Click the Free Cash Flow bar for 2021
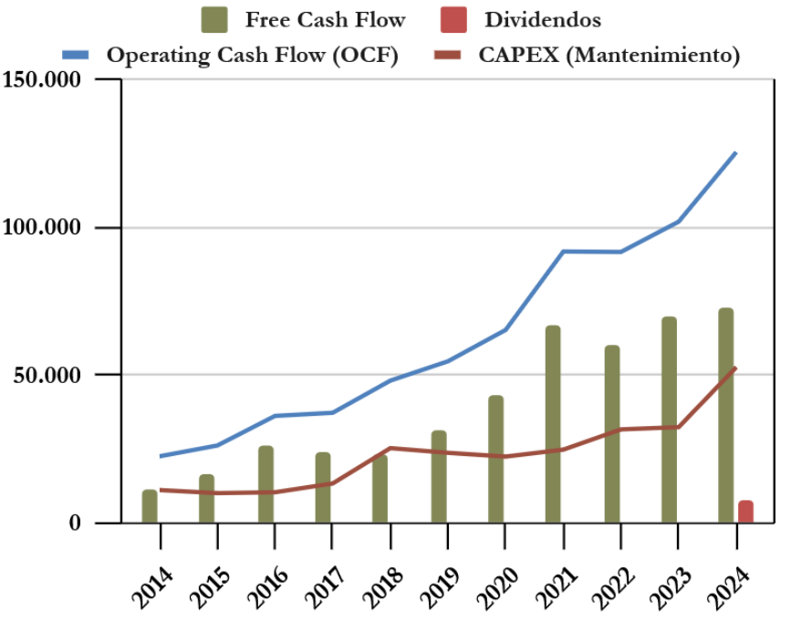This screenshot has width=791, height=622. click(553, 424)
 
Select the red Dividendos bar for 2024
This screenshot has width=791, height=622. click(745, 512)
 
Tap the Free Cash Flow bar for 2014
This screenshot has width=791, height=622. click(150, 506)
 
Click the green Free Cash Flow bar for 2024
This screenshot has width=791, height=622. click(726, 416)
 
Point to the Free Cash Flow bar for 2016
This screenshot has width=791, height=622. click(265, 484)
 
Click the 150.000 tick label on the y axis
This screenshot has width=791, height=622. click(43, 79)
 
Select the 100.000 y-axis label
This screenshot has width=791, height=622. click(43, 227)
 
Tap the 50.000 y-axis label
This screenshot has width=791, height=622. click(49, 375)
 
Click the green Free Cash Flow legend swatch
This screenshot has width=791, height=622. click(213, 19)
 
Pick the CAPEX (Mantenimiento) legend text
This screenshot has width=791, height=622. click(609, 55)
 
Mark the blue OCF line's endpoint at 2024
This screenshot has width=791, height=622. click(735, 152)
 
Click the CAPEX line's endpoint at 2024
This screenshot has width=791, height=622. click(735, 368)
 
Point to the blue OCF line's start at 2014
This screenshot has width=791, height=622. click(160, 456)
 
